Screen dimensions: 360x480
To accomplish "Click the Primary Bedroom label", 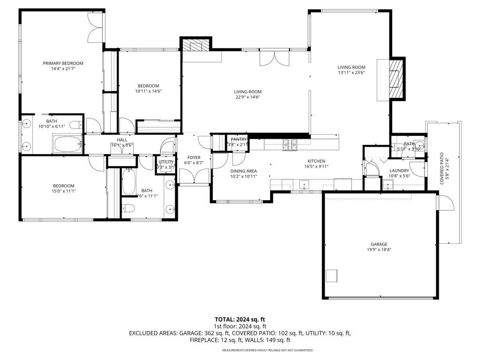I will click(63, 63).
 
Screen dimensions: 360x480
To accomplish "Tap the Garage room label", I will click(379, 244).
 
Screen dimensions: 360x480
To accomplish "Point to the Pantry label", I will click(239, 139).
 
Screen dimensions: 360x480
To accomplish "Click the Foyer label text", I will click(194, 157).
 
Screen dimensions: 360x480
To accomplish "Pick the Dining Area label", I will click(243, 171).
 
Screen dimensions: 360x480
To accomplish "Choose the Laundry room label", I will click(399, 171).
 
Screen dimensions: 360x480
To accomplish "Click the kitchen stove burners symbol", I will click(290, 145).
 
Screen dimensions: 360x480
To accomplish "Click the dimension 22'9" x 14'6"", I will click(248, 97).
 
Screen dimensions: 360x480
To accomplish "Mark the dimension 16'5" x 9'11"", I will click(316, 166).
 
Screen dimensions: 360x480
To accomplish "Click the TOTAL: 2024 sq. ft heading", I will click(240, 320).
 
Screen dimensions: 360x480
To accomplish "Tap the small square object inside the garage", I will click(332, 275).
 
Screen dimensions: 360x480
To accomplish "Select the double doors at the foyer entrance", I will click(194, 177).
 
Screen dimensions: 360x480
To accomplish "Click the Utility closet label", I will click(166, 162).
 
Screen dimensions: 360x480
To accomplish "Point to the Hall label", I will click(122, 140).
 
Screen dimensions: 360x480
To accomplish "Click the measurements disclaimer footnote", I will click(267, 350).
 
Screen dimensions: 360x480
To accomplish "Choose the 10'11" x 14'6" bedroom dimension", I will click(148, 91).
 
